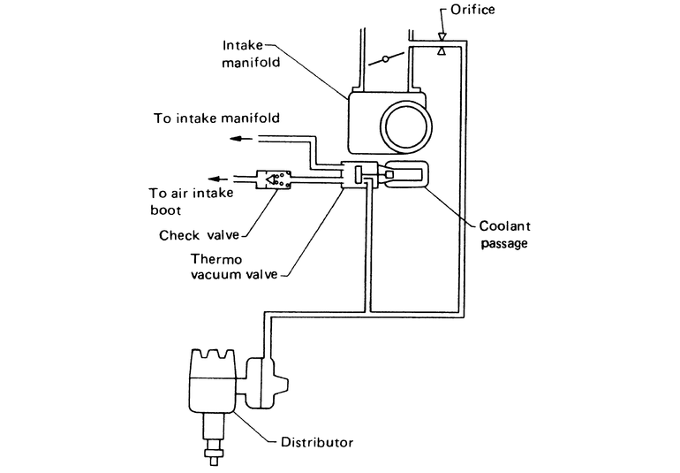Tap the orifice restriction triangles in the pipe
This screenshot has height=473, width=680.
[x=442, y=46]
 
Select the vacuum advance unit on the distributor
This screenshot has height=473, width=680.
[x=265, y=382]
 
